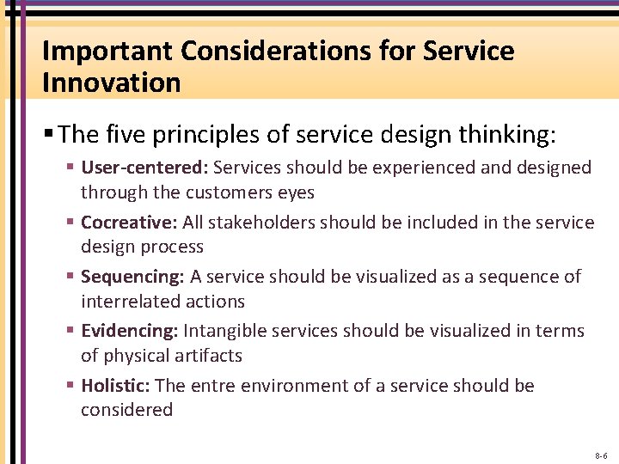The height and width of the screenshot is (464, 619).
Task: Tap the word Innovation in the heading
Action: click(x=112, y=83)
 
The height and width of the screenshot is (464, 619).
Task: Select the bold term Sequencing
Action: click(x=133, y=277)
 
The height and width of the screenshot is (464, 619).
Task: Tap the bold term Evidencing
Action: click(x=130, y=331)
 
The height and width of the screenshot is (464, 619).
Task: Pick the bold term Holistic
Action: click(x=116, y=386)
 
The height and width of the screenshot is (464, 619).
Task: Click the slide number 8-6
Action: click(x=600, y=455)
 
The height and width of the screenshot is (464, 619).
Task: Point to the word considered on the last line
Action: click(x=126, y=410)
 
